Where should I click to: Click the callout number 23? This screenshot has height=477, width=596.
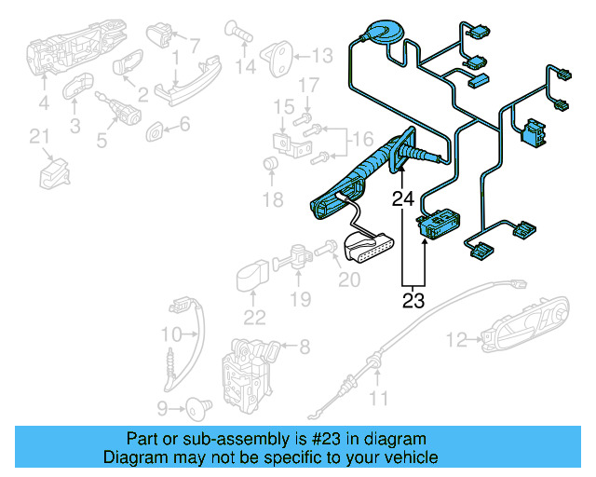point(413,301)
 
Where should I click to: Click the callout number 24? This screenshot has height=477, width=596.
point(402,198)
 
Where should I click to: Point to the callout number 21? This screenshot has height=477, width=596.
point(38,138)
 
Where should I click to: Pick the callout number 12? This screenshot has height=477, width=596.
point(455,339)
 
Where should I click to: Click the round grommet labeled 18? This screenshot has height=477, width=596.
point(272,166)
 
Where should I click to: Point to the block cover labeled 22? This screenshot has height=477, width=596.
point(251,277)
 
